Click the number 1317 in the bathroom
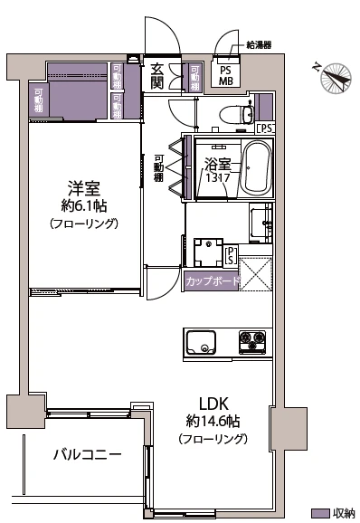tap(216, 178)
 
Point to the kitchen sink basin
tap(200, 343)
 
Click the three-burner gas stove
tap(252, 342)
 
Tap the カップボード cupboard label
tap(213, 281)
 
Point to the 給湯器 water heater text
tap(260, 43)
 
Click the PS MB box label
tap(225, 74)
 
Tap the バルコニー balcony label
tap(86, 454)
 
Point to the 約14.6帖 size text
tap(213, 421)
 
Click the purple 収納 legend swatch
tap(317, 512)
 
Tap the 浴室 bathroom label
tap(217, 165)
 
